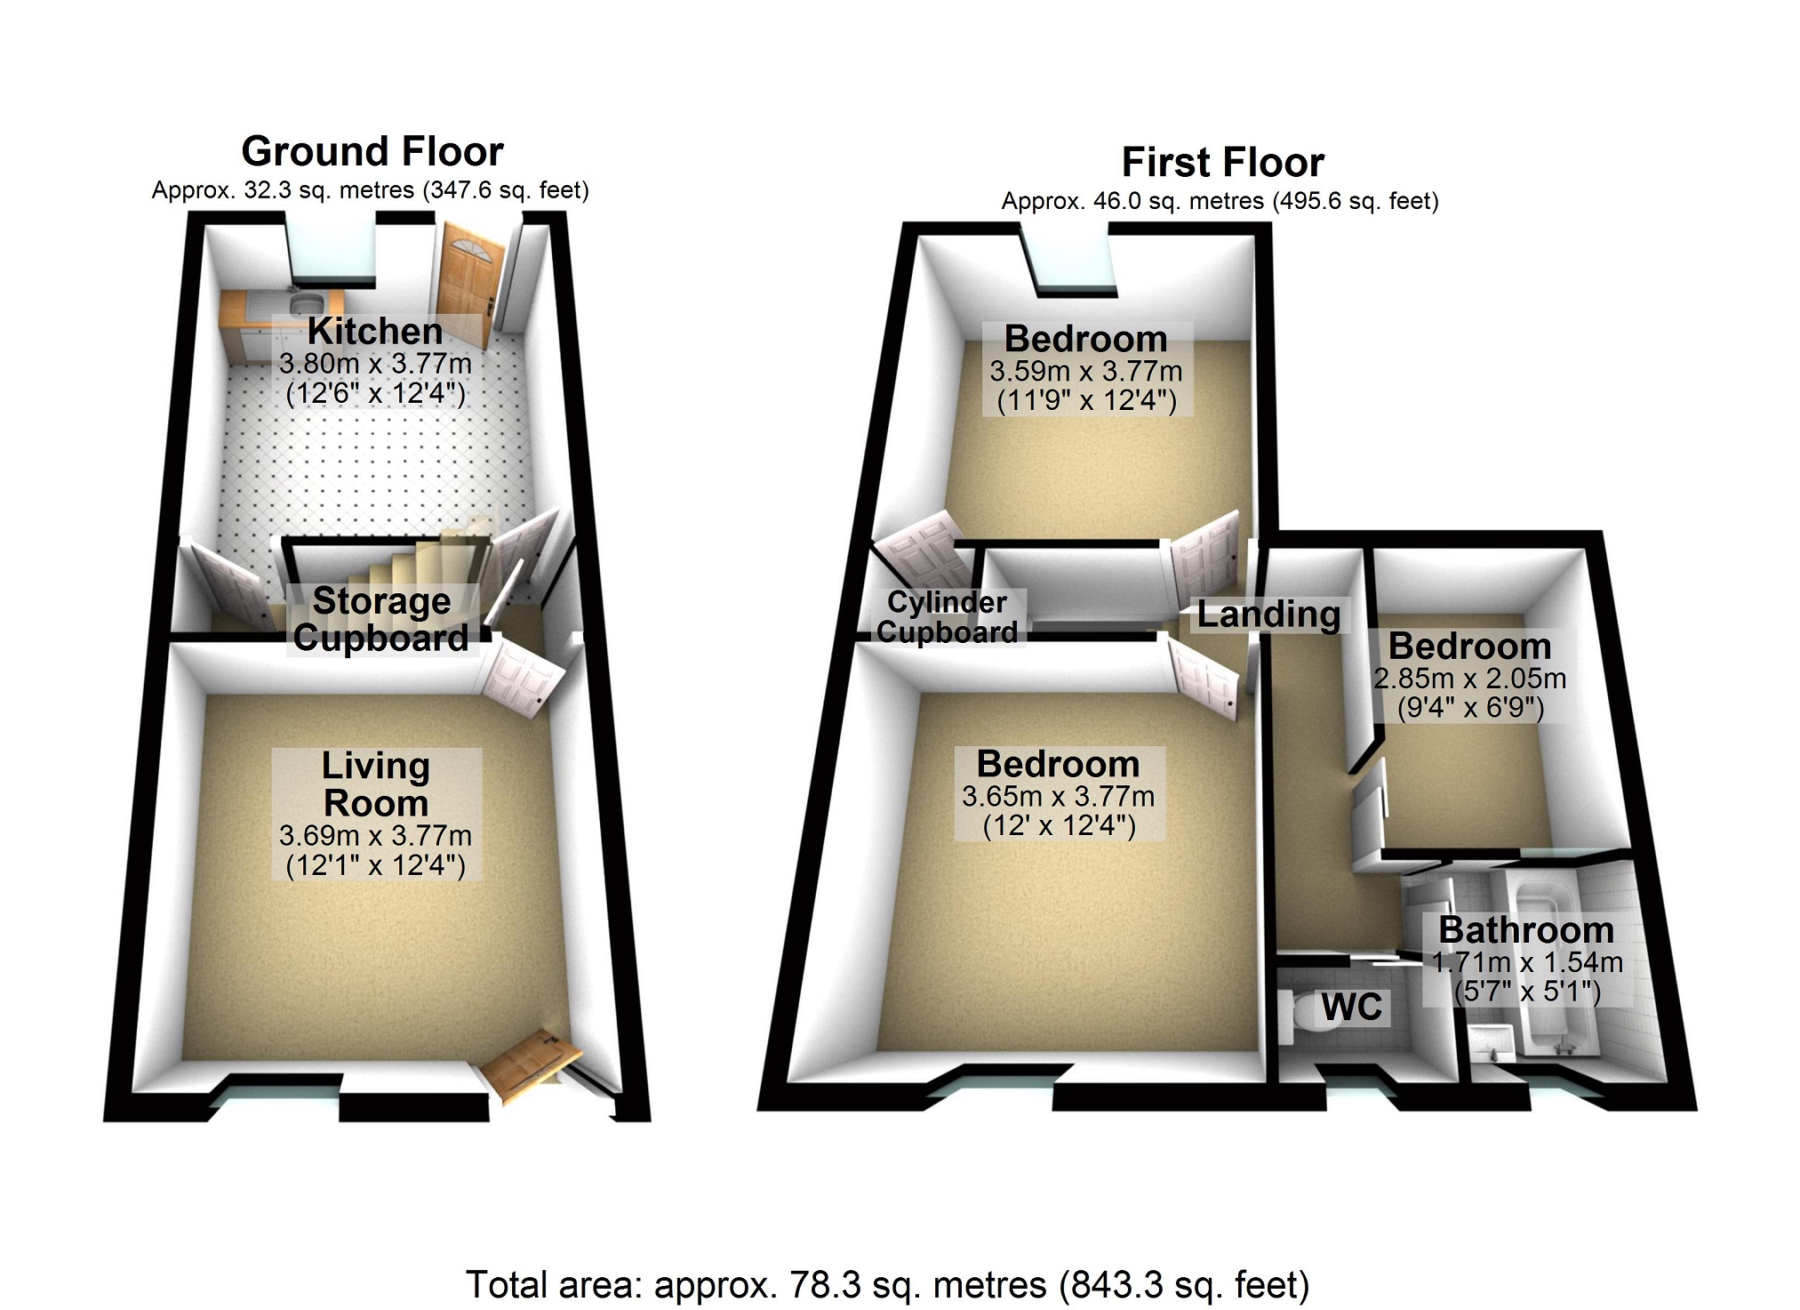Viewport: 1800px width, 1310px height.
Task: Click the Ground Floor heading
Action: [x=372, y=152]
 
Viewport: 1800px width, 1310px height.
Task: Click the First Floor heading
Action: [x=1223, y=163]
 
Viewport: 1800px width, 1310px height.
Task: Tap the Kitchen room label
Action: [x=375, y=331]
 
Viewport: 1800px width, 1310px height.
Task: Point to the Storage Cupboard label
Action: [x=381, y=620]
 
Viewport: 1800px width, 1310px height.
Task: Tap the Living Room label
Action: [x=376, y=784]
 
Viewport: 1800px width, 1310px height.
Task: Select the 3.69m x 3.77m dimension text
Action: [x=375, y=836]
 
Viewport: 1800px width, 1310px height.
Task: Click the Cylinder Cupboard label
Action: [x=948, y=617]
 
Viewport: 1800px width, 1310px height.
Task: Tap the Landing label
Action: [x=1268, y=615]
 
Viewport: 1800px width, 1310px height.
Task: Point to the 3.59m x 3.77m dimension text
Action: [x=1086, y=371]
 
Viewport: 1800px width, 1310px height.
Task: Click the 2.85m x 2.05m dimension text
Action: [x=1470, y=679]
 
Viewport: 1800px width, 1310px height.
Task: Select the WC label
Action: [x=1352, y=1008]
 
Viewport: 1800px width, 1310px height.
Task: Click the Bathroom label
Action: [x=1526, y=930]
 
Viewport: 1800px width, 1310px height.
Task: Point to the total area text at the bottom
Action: [x=888, y=1285]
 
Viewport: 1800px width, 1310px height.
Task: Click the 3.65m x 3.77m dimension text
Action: [x=1058, y=796]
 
